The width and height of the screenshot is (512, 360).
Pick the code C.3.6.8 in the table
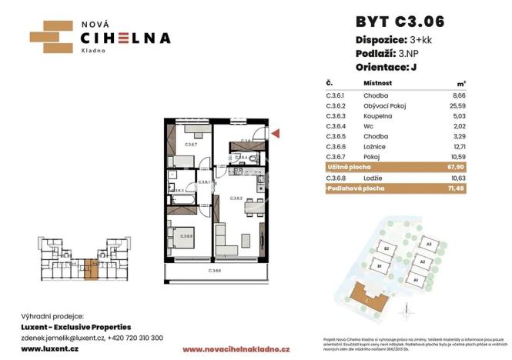click(x=336, y=178)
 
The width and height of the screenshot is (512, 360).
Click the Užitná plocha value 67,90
click(x=482, y=165)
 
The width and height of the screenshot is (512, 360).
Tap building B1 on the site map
click(x=379, y=267)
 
